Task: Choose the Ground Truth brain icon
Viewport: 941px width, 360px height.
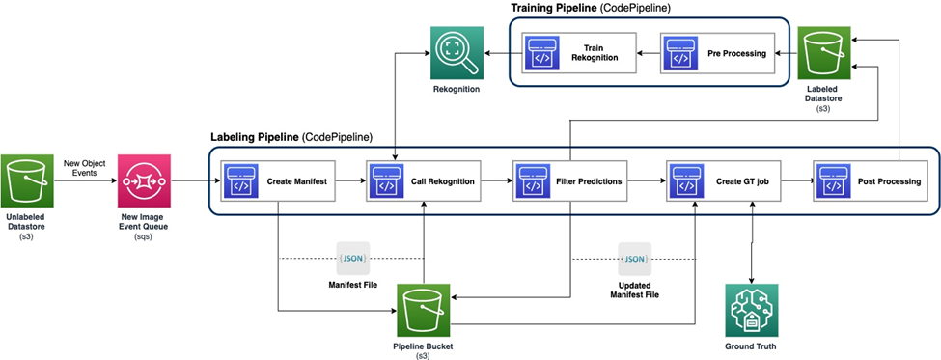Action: [x=751, y=310]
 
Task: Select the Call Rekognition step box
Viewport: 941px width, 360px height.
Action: [x=425, y=180]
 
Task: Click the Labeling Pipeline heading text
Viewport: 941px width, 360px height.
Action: [x=291, y=137]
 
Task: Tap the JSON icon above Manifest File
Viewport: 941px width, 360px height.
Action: [x=351, y=259]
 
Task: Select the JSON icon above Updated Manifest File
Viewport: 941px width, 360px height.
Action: [x=634, y=259]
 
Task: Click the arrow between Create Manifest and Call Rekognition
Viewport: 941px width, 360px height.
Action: [x=349, y=180]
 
